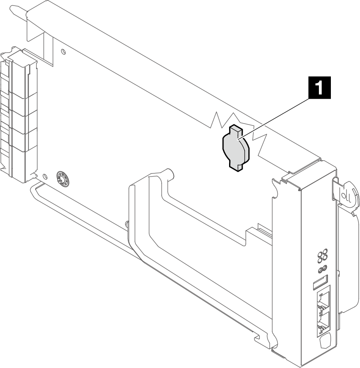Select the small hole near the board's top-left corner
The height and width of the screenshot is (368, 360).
click(x=63, y=52)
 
